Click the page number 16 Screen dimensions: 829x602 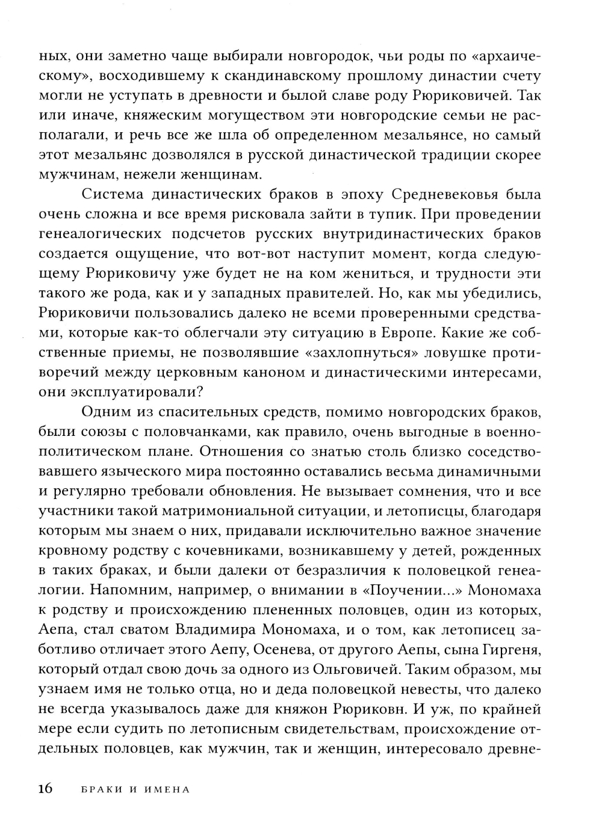click(x=46, y=789)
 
